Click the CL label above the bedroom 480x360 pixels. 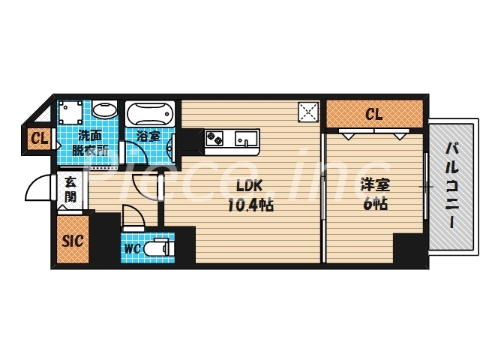coord(374,115)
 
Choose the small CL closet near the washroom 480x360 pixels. coord(39,139)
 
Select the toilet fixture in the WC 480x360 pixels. coord(159,247)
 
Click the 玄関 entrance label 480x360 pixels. coord(70,189)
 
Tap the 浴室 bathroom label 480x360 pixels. coord(148,136)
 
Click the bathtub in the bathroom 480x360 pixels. coord(150,115)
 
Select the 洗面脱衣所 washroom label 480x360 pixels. coord(91,142)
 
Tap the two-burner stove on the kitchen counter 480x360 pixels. coord(215,139)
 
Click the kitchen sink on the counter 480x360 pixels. coord(245,139)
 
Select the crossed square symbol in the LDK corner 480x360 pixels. coord(307,112)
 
